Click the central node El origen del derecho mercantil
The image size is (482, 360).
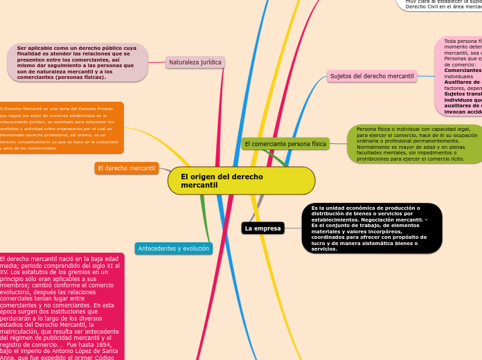[x=241, y=181]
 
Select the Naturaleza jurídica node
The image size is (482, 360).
[x=195, y=62]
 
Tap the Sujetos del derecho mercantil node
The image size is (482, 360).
[x=372, y=76]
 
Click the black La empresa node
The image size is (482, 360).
[x=263, y=228]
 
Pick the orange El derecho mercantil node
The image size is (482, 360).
[x=127, y=168]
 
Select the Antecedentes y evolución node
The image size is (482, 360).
[x=174, y=248]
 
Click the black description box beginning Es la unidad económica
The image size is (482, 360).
[x=372, y=228]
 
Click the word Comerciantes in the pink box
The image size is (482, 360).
[x=462, y=71]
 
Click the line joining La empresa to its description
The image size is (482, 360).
[x=294, y=228]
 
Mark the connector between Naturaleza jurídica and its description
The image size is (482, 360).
[x=157, y=62]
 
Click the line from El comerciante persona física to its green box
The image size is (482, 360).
[x=339, y=144]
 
